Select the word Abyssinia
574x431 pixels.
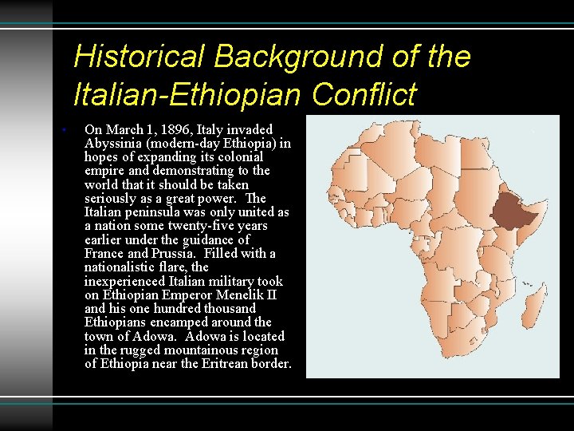pyautogui.click(x=112, y=144)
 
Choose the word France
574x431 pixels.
pyautogui.click(x=104, y=254)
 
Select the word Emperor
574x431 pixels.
pyautogui.click(x=181, y=295)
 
